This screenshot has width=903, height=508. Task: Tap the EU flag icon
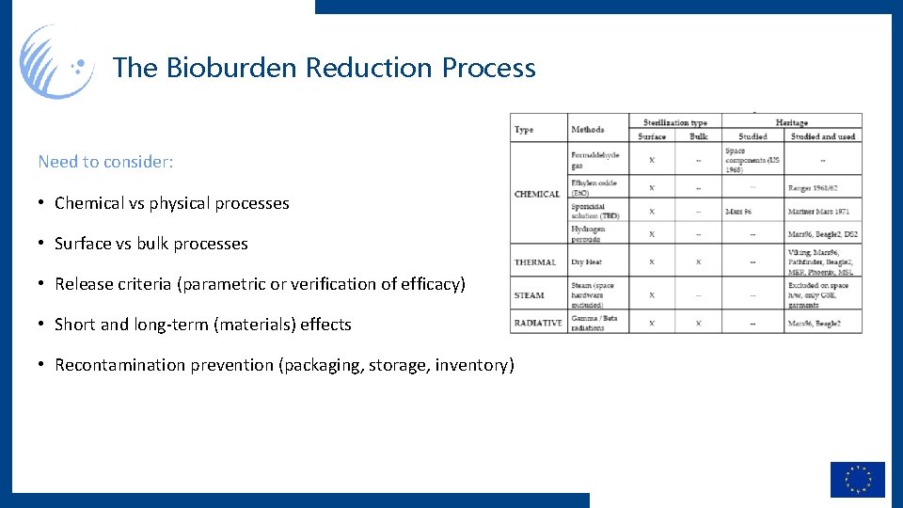pos(857,480)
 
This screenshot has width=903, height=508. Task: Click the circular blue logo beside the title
pos(56,62)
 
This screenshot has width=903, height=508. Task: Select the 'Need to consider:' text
pos(105,162)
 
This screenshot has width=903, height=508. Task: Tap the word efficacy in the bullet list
pos(429,284)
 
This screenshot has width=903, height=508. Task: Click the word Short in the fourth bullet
pos(75,325)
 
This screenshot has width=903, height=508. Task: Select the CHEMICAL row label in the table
pos(537,195)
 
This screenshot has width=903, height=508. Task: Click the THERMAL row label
pos(535,262)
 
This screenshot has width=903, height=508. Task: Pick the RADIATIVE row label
pos(538,323)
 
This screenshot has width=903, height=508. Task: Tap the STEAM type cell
pos(529,295)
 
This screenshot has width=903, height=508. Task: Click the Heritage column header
pos(791,122)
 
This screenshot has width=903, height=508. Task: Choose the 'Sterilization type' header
pos(674,122)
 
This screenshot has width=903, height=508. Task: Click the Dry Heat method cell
pos(587,262)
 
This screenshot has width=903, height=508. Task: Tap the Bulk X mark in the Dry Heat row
pos(698,262)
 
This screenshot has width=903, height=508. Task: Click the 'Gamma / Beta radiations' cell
pos(594,323)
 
